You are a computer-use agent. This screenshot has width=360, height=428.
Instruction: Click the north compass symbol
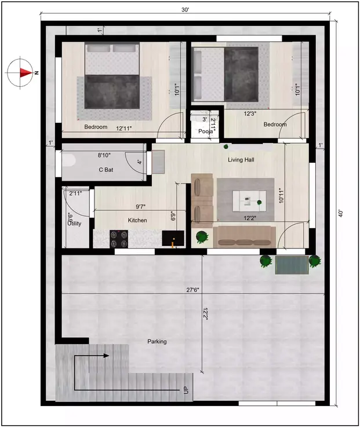23,72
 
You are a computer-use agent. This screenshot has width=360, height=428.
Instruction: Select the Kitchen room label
137,220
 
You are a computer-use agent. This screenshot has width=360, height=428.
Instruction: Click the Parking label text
157,342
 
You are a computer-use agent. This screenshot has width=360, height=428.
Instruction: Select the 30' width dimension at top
185,10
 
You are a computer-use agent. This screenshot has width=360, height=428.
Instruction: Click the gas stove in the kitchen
119,237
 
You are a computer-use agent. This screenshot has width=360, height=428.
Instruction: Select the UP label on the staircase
186,389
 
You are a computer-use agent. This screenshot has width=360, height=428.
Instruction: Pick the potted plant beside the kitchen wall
202,237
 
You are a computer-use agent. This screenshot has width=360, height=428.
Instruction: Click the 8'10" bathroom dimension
104,155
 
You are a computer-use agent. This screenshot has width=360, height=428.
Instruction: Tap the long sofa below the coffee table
244,235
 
